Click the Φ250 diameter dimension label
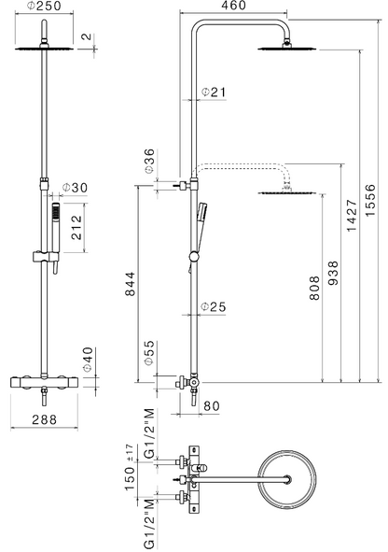[44, 6]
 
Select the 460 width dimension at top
[234, 6]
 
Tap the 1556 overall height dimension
[369, 200]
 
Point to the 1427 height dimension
[352, 216]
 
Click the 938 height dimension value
[332, 273]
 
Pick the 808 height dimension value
[314, 288]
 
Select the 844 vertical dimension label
[130, 284]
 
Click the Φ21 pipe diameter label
[214, 92]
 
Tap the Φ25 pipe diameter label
[214, 306]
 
